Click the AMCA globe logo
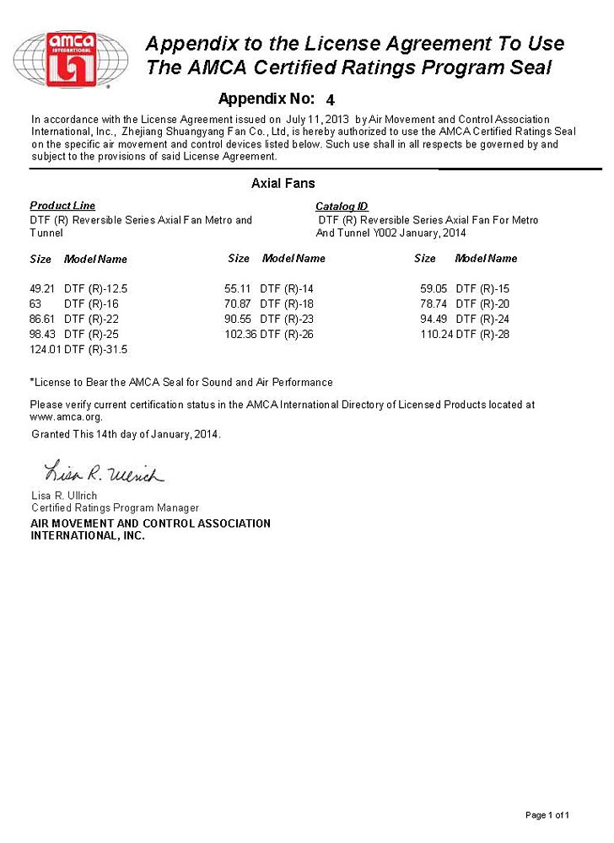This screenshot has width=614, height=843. (71, 59)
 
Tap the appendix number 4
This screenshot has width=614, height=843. (330, 99)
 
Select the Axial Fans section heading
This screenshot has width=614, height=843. (283, 183)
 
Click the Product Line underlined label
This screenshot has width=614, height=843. (62, 206)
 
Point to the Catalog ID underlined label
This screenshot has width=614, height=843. (342, 207)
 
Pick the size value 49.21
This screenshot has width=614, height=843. (42, 288)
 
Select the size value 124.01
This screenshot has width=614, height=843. (46, 349)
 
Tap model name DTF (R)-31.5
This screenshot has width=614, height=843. (96, 349)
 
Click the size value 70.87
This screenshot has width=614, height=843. (238, 303)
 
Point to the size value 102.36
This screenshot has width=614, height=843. (240, 334)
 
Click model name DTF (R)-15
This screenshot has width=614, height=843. (482, 288)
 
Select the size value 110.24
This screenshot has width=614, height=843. (436, 334)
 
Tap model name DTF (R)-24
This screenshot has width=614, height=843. (482, 319)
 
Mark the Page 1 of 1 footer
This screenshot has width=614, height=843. (547, 815)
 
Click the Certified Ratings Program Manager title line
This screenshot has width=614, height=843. (115, 507)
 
